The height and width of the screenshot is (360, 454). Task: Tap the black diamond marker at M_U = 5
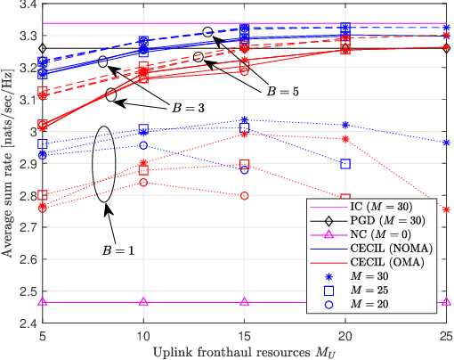pos(44,48)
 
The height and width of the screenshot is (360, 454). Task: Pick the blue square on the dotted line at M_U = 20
pos(345,164)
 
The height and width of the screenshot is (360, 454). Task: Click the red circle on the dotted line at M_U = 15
pos(245,195)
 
